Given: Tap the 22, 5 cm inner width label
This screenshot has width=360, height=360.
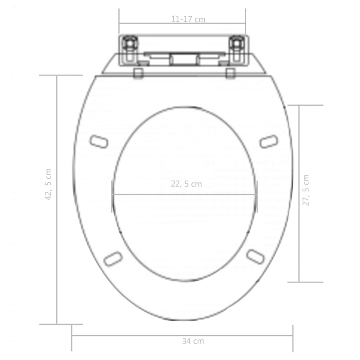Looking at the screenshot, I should click(186, 184).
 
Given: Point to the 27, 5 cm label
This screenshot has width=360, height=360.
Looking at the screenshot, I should click(306, 190).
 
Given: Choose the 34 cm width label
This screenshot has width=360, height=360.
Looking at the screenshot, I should click(193, 341).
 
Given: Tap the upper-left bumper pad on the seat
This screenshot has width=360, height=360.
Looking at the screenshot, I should click(99, 142).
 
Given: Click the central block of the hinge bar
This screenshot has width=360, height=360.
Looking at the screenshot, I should click(183, 59).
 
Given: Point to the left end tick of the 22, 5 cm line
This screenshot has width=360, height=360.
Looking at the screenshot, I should click(112, 194).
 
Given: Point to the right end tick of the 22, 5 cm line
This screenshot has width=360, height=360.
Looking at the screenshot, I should click(256, 194).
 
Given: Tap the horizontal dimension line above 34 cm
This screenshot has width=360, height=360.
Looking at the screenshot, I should click(135, 335).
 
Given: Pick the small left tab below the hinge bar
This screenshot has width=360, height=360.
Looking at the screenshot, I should click(139, 73).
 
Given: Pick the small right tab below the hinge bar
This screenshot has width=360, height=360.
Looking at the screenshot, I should click(230, 73).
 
